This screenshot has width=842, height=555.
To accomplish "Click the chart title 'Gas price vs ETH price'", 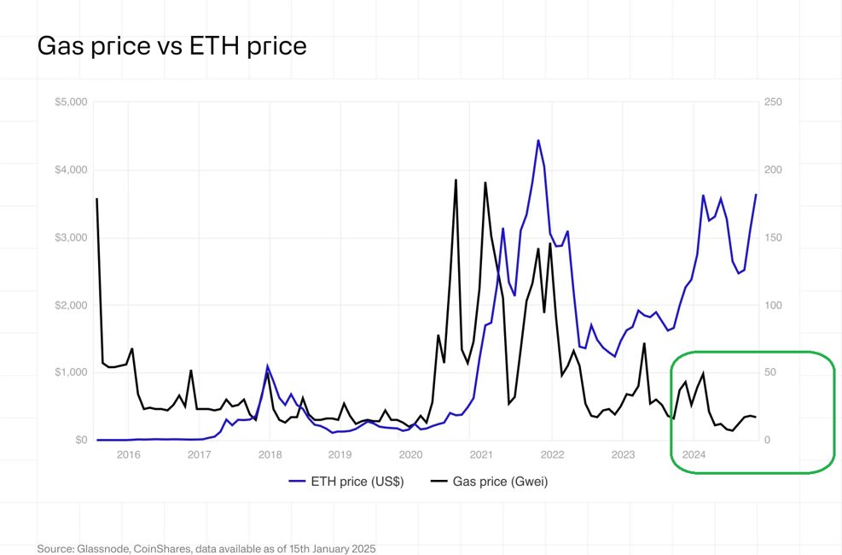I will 171,45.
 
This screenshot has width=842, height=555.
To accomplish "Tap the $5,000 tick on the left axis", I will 71,102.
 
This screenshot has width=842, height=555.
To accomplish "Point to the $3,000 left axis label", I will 71,237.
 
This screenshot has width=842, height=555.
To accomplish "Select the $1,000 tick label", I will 71,373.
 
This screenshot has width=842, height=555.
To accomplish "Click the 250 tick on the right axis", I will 773,102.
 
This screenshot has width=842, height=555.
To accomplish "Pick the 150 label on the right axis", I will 773,237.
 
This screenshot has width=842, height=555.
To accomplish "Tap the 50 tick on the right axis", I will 770,373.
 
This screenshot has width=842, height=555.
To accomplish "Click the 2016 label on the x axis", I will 129,454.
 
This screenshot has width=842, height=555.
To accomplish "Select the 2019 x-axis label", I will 340,454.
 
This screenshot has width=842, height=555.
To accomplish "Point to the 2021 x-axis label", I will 481,454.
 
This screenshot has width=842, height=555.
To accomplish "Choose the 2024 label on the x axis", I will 694,454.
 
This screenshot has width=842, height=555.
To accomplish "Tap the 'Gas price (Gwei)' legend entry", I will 499,482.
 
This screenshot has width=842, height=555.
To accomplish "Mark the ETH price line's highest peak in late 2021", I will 538,140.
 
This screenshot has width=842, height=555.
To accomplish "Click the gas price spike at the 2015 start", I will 97,199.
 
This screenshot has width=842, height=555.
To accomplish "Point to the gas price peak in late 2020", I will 456,180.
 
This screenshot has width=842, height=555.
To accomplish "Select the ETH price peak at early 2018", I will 268,366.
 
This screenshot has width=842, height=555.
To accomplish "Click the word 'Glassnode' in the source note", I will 105,548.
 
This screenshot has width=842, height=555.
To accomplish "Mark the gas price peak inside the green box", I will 703,373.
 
